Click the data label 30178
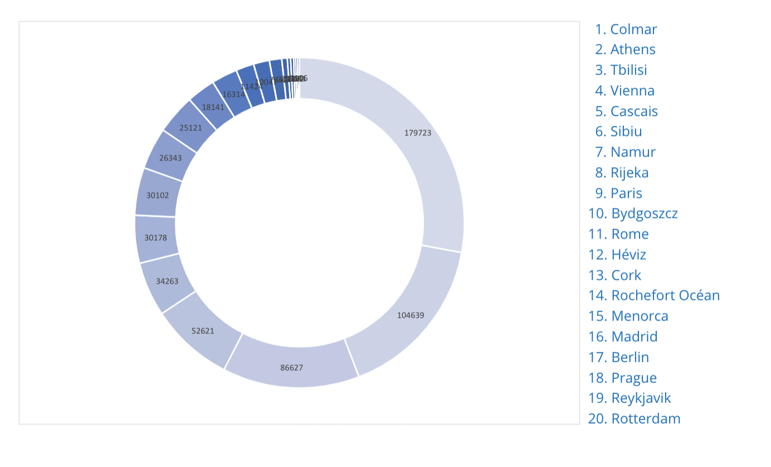155,238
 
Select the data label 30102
158,196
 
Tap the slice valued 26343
170,158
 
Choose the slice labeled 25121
191,128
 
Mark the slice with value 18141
212,106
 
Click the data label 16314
233,95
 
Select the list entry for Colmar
626,29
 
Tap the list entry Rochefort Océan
654,295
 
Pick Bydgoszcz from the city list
633,213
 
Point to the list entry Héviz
617,255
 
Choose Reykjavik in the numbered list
630,398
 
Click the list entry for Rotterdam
635,419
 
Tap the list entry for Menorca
628,316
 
